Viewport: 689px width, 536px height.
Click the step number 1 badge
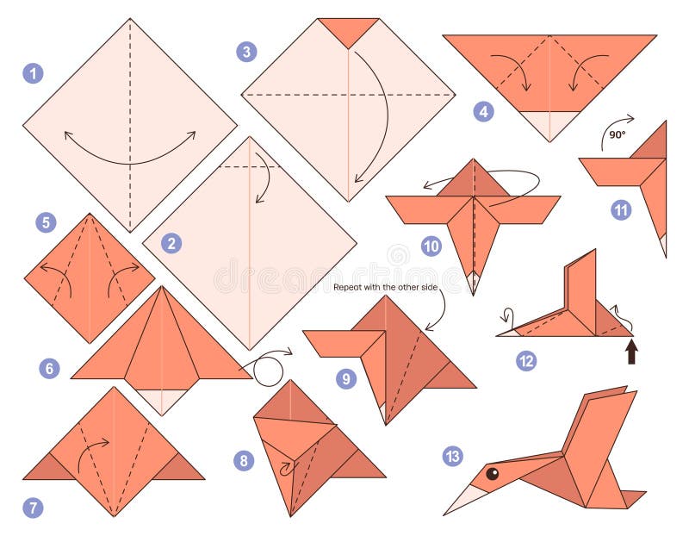(x=33, y=73)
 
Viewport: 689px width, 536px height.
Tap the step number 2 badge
(x=171, y=244)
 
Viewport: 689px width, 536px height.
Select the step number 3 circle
(x=247, y=52)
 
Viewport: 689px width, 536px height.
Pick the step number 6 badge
(x=50, y=369)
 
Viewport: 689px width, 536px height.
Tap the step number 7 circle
(x=33, y=508)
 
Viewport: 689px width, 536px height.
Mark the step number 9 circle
(x=346, y=378)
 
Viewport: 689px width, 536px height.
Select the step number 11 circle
(x=620, y=210)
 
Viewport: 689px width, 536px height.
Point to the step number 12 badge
(x=526, y=360)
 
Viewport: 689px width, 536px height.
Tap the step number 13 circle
(x=453, y=457)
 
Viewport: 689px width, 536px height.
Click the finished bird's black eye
(x=492, y=473)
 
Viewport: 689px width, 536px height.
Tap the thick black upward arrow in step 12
(x=631, y=351)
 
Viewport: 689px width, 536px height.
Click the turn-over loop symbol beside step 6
(x=270, y=369)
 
